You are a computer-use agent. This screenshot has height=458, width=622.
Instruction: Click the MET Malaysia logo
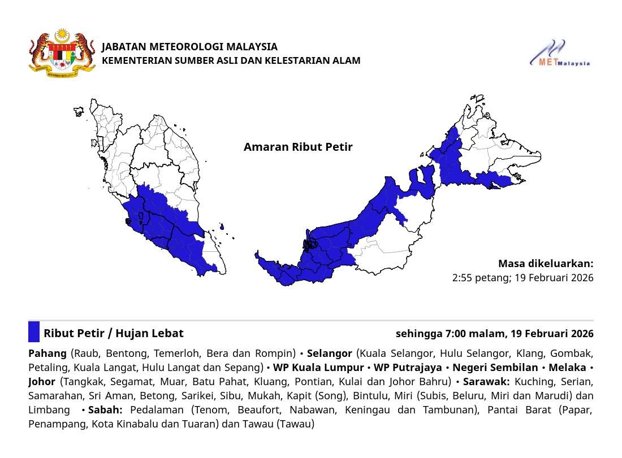559,54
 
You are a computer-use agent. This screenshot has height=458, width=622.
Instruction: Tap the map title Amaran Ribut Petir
298,147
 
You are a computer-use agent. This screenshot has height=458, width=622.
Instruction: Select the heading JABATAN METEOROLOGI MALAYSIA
189,46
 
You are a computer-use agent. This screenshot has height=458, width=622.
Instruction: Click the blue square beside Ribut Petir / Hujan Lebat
34,332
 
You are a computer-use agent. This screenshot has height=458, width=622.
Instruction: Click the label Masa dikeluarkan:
546,264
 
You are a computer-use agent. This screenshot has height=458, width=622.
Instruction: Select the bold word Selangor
329,354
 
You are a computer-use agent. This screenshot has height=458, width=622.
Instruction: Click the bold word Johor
42,382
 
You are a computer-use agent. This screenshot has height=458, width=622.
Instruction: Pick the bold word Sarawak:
486,382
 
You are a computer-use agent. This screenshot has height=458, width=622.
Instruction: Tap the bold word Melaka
567,368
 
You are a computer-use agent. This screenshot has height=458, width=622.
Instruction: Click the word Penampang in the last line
56,424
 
